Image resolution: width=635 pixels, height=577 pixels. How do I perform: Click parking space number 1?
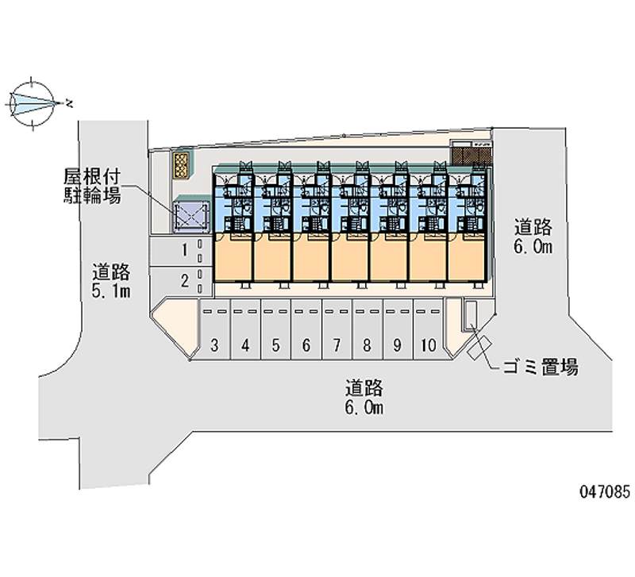tap(181, 251)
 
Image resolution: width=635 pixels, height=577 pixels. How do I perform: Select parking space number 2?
tap(181, 281)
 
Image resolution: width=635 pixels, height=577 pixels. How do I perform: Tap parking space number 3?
tap(214, 329)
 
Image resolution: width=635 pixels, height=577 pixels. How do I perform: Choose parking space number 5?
tap(275, 329)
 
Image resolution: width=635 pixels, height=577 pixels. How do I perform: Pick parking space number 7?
tap(337, 329)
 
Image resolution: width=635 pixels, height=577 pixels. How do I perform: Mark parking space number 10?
tap(429, 329)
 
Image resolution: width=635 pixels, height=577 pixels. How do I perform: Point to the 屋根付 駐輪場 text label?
tap(92, 187)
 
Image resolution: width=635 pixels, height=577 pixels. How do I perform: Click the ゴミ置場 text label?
tap(541, 367)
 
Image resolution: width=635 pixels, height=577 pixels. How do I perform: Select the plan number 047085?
tap(605, 492)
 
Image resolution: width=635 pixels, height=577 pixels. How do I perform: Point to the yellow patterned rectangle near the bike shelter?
tap(181, 165)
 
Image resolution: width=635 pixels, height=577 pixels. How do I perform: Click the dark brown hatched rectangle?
tap(471, 156)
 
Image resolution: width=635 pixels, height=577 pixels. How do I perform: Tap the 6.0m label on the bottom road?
tap(364, 408)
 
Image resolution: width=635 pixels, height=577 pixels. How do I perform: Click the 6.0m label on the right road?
tap(533, 246)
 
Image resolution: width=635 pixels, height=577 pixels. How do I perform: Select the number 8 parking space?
tap(368, 329)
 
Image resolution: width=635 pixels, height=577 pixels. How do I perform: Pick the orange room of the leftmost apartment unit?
tap(233, 256)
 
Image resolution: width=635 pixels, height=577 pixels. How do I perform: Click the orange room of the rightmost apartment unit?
tap(467, 256)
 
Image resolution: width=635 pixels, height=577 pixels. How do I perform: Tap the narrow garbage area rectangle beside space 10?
tap(471, 314)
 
